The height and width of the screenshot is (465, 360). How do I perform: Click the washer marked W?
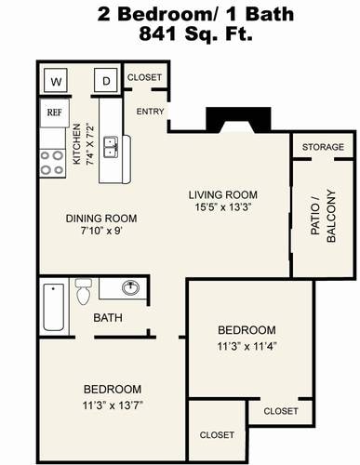[56, 81]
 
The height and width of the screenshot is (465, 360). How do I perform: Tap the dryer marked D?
[106, 81]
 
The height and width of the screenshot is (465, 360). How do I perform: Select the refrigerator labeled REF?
[55, 113]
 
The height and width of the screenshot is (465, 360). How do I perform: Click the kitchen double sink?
[111, 147]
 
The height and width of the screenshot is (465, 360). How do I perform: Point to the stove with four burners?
[53, 163]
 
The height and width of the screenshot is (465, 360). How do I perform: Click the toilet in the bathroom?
[84, 291]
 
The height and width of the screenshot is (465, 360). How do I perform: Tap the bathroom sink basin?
[130, 288]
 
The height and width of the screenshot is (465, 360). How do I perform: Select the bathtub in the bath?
[54, 307]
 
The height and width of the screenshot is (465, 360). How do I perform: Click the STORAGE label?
[323, 147]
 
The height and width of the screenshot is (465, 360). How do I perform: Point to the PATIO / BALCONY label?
[323, 216]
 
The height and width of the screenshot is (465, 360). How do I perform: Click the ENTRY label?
[150, 112]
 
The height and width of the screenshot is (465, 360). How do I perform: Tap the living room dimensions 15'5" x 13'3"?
[222, 207]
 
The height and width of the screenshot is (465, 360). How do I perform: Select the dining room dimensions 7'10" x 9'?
[100, 231]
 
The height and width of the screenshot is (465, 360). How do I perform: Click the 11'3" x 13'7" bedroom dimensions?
[113, 405]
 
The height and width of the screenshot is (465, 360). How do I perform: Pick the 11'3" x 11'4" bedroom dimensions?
[247, 346]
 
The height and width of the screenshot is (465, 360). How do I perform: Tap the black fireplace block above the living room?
[238, 120]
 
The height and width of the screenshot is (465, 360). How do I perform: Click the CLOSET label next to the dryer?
[144, 77]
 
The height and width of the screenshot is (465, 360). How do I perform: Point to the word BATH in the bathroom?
[108, 318]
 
